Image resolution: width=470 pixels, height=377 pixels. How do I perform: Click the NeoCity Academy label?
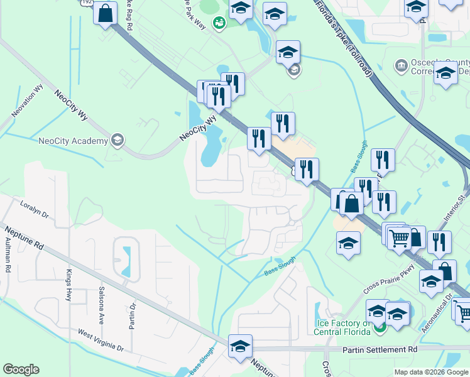(73, 141)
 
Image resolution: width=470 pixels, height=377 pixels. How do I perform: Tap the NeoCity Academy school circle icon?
(117, 140)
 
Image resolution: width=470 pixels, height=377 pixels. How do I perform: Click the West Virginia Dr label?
(101, 340)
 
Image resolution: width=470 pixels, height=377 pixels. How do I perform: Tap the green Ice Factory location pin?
(379, 326)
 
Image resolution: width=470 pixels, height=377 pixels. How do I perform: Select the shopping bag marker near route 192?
(106, 13)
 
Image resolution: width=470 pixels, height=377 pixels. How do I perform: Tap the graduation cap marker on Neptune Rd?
(240, 346)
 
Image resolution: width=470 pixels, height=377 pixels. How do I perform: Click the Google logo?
(21, 369)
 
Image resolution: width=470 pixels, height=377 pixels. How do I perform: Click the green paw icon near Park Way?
(219, 23)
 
